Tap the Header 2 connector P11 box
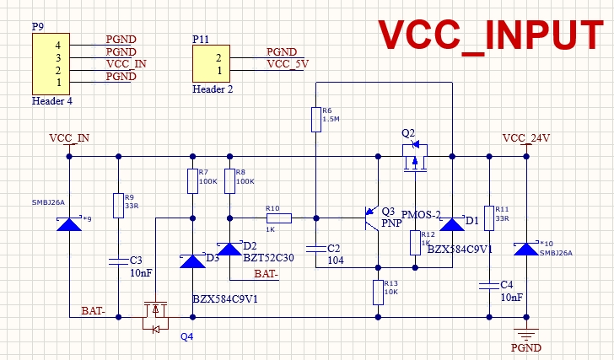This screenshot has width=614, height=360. [211, 65]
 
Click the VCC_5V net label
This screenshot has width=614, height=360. [287, 63]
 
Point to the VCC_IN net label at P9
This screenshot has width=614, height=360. [126, 63]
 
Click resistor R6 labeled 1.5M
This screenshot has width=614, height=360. [315, 120]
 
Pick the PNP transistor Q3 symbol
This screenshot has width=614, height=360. [371, 218]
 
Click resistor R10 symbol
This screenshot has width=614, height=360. [279, 218]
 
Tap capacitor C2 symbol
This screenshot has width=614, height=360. [315, 249]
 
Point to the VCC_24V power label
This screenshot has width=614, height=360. [525, 138]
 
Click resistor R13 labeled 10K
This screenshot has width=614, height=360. [378, 293]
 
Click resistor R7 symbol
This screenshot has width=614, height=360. [192, 181]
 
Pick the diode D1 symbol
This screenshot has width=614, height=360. [452, 224]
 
